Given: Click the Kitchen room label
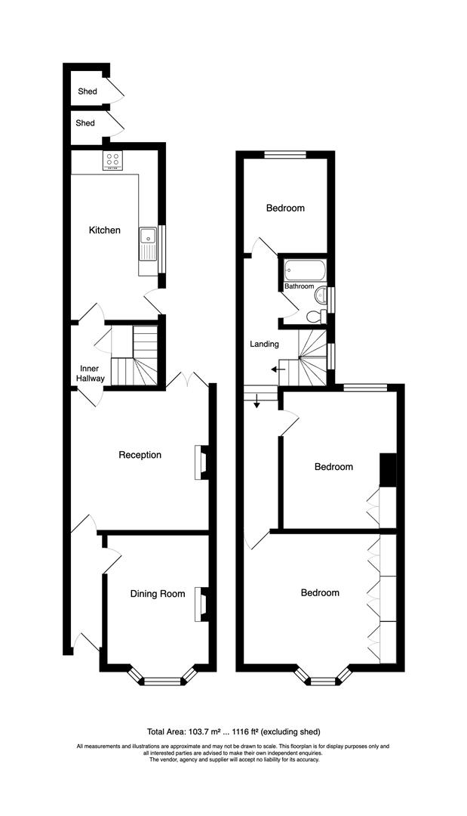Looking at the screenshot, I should point(104,230).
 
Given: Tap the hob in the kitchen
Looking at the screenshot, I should point(113,159).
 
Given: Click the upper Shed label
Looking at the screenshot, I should point(87,91).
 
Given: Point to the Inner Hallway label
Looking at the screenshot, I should point(90,373).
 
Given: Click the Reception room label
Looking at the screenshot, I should point(140,455).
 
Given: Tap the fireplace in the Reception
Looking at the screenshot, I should point(202,462).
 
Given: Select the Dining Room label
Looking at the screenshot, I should point(157,594).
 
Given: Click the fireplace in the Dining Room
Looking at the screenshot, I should point(201,604).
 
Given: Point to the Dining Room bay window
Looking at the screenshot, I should point(163,680).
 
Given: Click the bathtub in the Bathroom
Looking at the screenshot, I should point(305,269).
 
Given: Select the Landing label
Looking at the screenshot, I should point(265,345).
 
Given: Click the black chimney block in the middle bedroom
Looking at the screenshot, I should point(387,469).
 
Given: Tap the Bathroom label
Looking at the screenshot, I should point(299,286).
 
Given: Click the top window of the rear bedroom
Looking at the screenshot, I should point(285,155).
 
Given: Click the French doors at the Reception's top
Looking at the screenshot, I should point(188,380).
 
